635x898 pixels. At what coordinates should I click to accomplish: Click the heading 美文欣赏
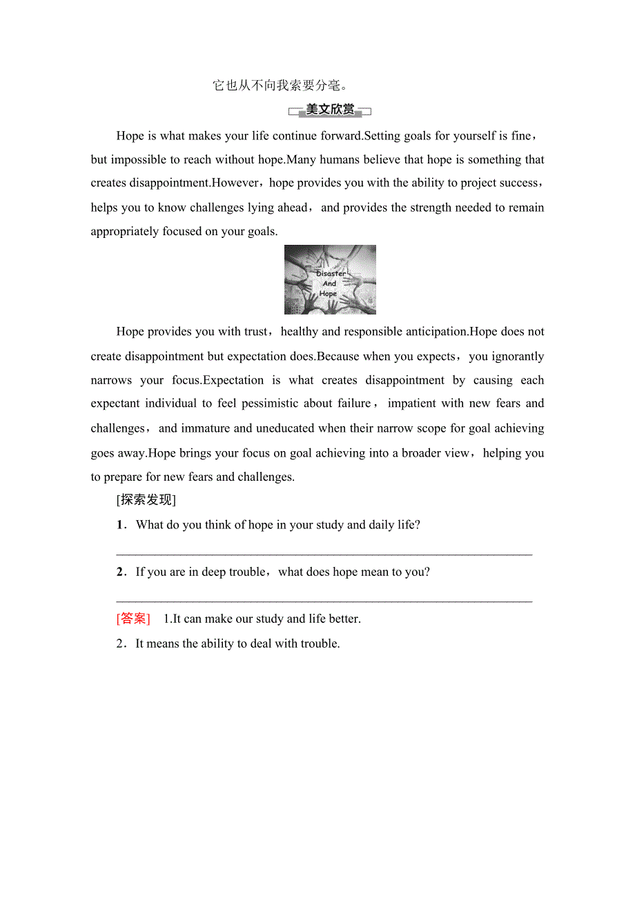tap(330, 110)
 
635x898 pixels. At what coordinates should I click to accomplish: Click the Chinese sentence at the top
tap(280, 86)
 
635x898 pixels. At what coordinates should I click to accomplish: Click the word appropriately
tap(125, 231)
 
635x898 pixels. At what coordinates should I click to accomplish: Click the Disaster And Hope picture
tap(330, 279)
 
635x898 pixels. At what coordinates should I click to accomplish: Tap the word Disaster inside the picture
tap(331, 274)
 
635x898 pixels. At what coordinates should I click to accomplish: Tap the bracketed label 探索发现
tap(146, 500)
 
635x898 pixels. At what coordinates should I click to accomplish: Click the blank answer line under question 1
tap(324, 552)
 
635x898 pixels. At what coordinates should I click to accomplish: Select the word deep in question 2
tap(214, 572)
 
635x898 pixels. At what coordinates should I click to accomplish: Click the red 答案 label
tap(133, 619)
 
